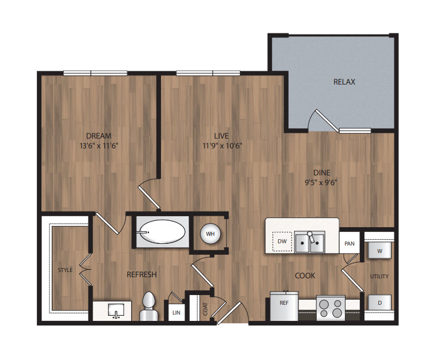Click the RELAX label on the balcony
pyautogui.click(x=344, y=82)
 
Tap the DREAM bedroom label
pyautogui.click(x=99, y=136)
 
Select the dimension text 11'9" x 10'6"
pyautogui.click(x=222, y=145)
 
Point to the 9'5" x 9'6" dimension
pyautogui.click(x=321, y=182)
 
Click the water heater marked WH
pyautogui.click(x=210, y=234)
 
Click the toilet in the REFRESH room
pyautogui.click(x=149, y=307)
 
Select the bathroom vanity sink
pyautogui.click(x=116, y=310)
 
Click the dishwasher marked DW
pyautogui.click(x=282, y=242)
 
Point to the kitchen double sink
pyautogui.click(x=310, y=242)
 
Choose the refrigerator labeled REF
pyautogui.click(x=284, y=306)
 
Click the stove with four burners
pyautogui.click(x=331, y=308)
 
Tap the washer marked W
pyautogui.click(x=379, y=250)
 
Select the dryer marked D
pyautogui.click(x=379, y=302)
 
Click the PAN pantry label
pyautogui.click(x=350, y=244)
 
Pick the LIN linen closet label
pyautogui.click(x=177, y=313)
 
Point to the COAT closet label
pyautogui.click(x=205, y=309)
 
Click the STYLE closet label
pyautogui.click(x=66, y=270)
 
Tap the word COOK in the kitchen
pyautogui.click(x=305, y=275)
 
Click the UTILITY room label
pyautogui.click(x=379, y=276)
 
